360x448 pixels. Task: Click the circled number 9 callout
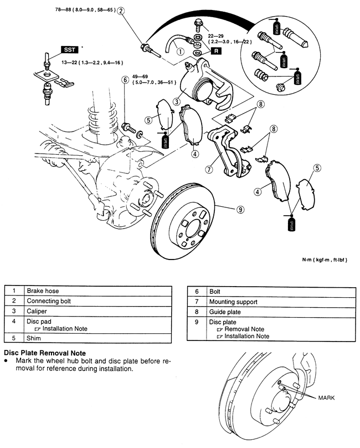click(240, 209)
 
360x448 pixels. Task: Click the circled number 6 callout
click(126, 80)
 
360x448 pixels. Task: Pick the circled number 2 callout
click(121, 10)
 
